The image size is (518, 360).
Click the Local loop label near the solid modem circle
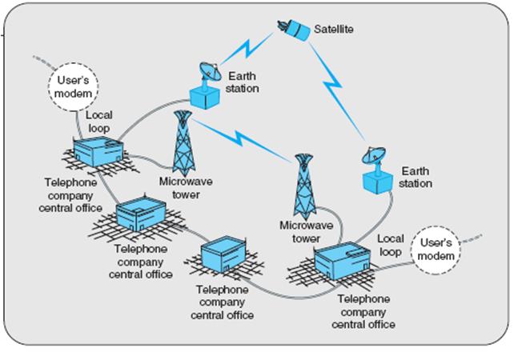click(x=99, y=122)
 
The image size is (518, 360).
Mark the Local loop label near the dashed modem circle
click(x=390, y=245)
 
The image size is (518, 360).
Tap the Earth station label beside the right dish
click(x=415, y=178)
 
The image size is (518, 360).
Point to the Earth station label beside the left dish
click(x=242, y=82)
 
